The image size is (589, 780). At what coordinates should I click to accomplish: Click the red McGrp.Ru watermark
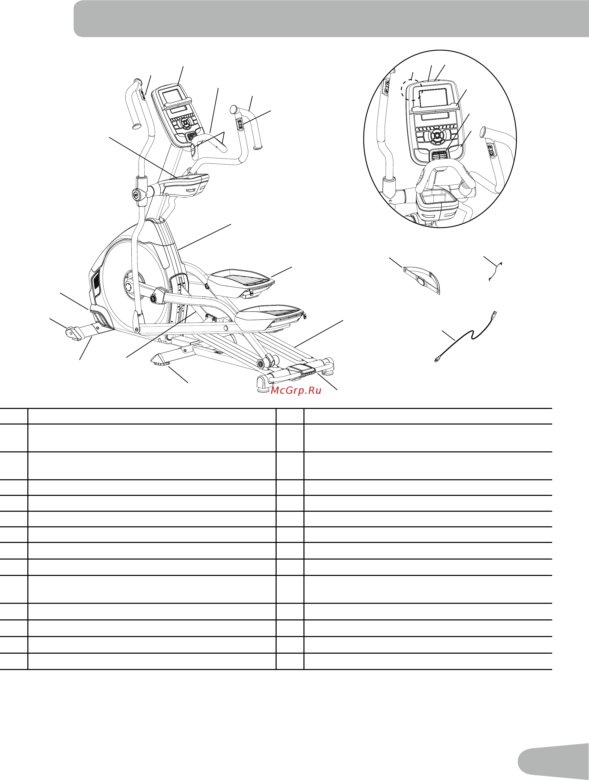tap(296, 390)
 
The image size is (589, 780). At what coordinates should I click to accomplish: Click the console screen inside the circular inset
tap(434, 98)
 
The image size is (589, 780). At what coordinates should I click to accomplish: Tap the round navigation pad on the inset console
tap(437, 135)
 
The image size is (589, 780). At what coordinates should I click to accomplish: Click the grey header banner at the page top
tap(331, 18)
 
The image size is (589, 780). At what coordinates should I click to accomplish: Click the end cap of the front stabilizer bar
tap(73, 333)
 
